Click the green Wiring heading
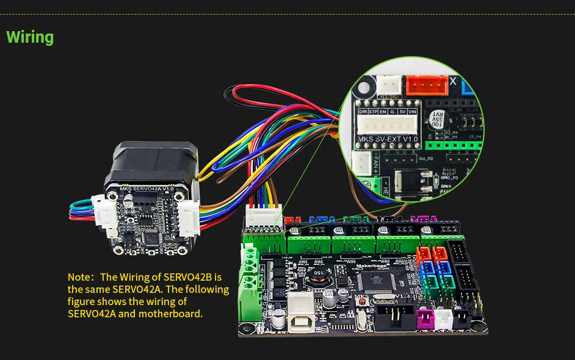click(x=30, y=37)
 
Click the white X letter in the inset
click(x=452, y=81)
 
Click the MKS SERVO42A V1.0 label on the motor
click(x=146, y=189)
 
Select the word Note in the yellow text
click(x=79, y=277)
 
